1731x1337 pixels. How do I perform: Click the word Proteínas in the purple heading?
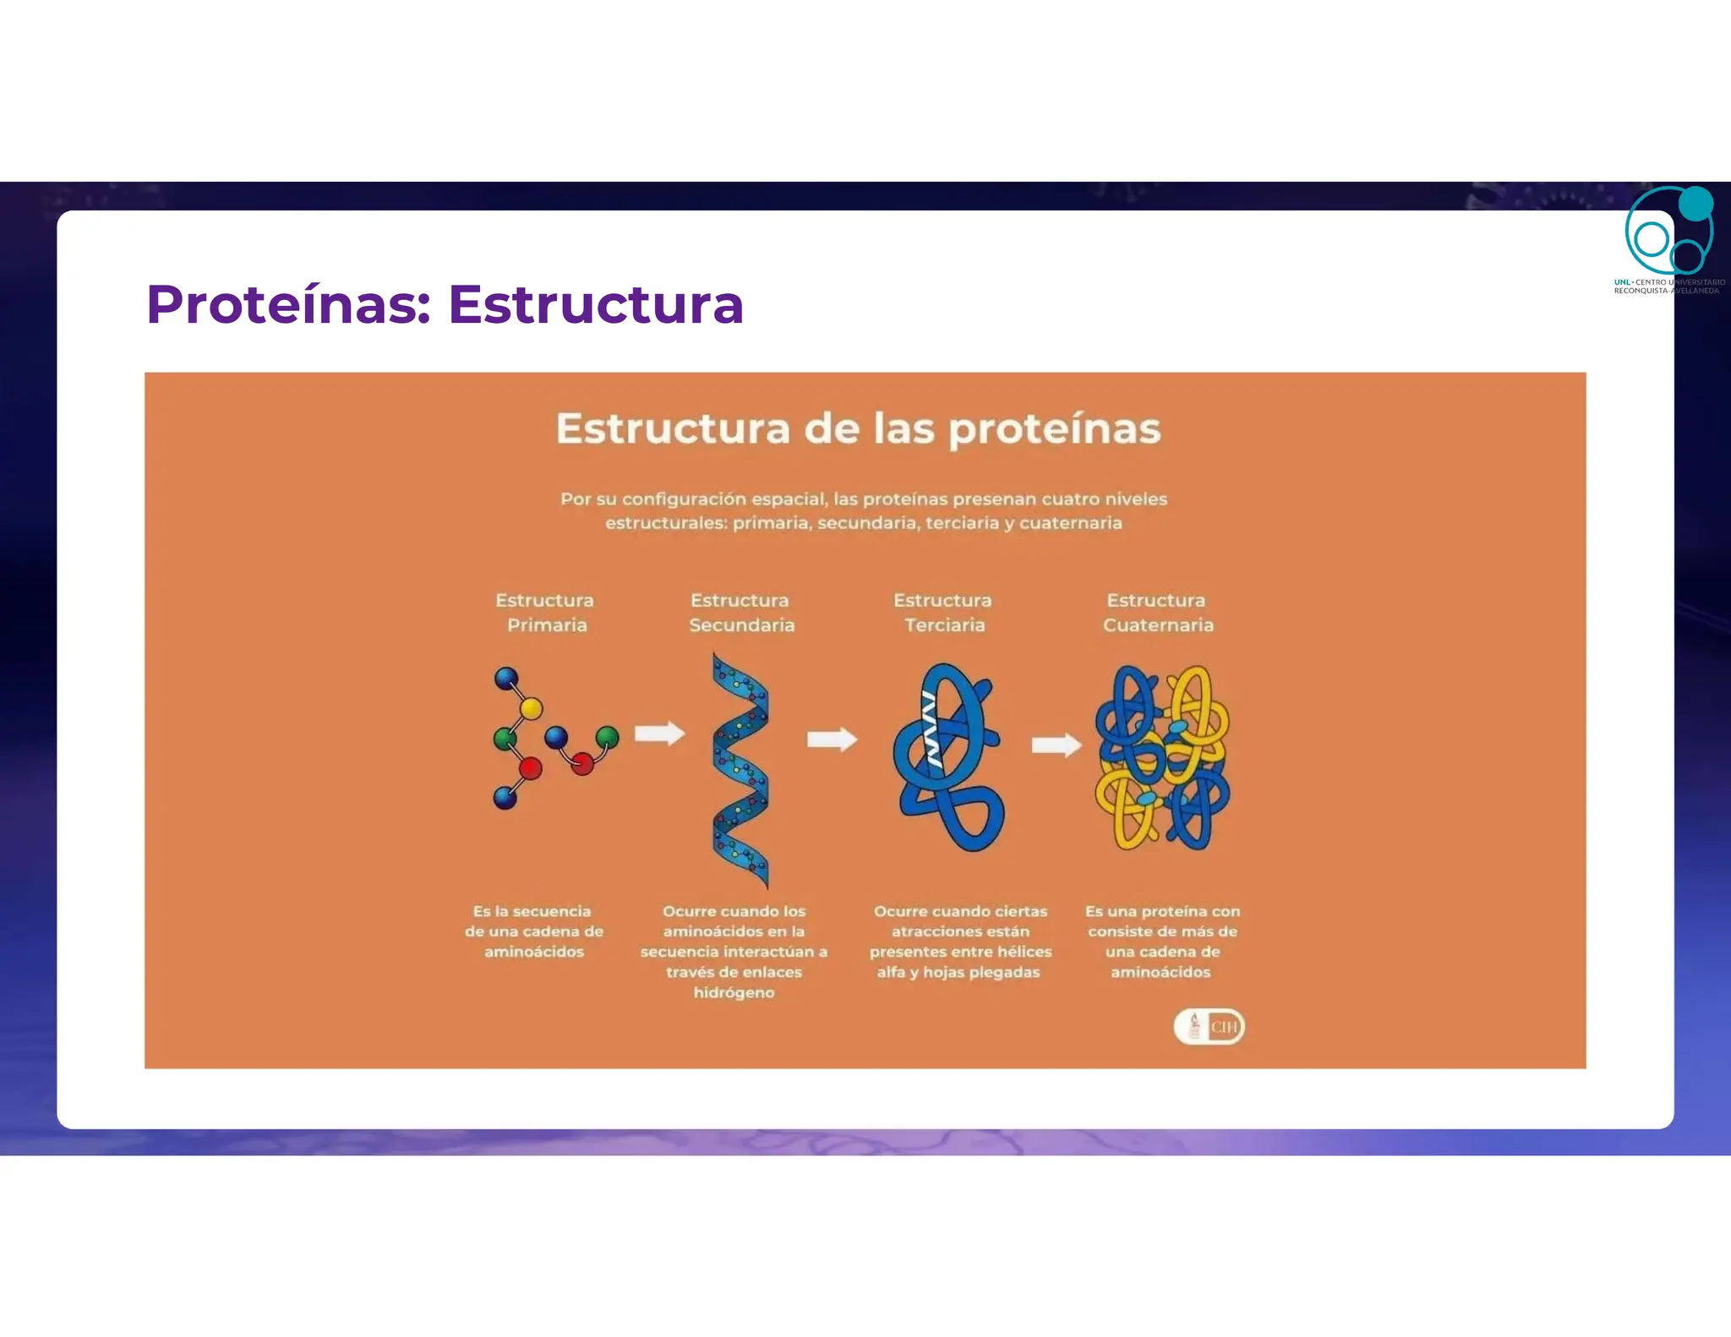click(x=288, y=304)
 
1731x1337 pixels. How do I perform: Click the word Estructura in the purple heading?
click(x=596, y=304)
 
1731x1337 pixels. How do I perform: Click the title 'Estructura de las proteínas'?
click(x=858, y=428)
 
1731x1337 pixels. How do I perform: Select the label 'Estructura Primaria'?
click(x=545, y=613)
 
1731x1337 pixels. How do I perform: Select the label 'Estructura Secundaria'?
click(x=741, y=613)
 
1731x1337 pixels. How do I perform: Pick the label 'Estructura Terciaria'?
click(x=943, y=613)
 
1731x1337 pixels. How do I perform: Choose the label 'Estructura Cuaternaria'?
click(x=1157, y=613)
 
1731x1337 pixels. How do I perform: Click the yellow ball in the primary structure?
click(x=531, y=708)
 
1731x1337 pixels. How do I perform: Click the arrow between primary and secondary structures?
click(x=659, y=734)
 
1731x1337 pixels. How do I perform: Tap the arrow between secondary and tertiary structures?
click(x=832, y=739)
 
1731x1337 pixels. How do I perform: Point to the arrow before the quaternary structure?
click(x=1056, y=745)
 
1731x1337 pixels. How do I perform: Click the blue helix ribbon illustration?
click(x=740, y=771)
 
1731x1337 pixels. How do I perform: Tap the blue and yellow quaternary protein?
click(x=1162, y=758)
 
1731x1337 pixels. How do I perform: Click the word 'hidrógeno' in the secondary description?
click(x=734, y=992)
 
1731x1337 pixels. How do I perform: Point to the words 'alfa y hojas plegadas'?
click(x=958, y=972)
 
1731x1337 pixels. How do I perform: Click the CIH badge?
click(x=1210, y=1027)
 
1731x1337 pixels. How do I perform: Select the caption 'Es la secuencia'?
click(x=532, y=911)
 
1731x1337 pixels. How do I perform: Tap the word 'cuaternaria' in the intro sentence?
click(x=1071, y=523)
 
